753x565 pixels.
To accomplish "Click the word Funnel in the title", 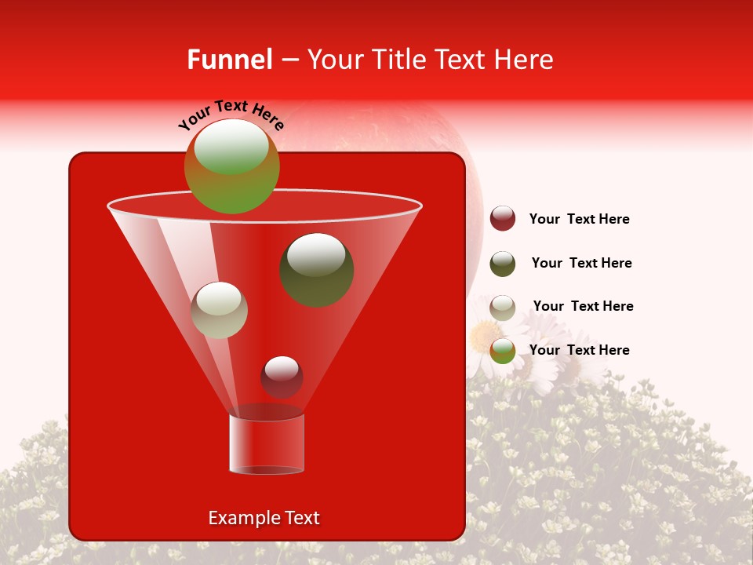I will [229, 60].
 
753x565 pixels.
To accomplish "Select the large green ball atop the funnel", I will [232, 167].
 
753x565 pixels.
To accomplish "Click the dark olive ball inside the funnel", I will [316, 270].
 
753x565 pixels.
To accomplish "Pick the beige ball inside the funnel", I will [220, 310].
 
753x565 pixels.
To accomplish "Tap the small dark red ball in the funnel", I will [282, 377].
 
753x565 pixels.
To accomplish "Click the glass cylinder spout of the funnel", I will [266, 444].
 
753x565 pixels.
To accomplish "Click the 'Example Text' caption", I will [264, 518].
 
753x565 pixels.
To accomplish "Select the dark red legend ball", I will [503, 219].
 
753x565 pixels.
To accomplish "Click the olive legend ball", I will [503, 264].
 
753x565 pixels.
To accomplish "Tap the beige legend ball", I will [503, 308].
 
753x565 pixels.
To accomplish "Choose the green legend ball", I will [503, 351].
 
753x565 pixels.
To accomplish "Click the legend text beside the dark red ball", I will [579, 220].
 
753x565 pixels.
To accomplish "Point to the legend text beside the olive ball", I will [581, 264].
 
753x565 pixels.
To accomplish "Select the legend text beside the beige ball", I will [583, 307].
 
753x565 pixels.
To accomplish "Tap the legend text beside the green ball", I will [579, 350].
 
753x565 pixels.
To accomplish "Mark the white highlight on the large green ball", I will [231, 148].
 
